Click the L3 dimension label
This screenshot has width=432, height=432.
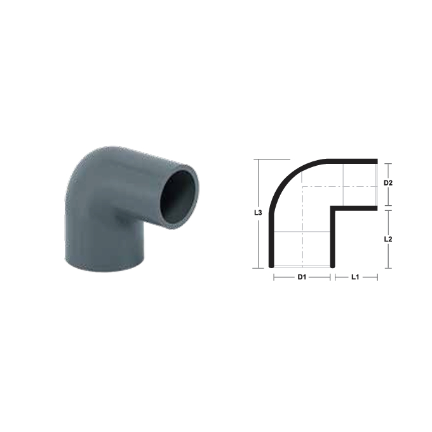pos(258,213)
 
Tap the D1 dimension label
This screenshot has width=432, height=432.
pos(302,277)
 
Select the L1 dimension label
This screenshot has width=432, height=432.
pos(355,277)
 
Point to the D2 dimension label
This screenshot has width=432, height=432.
pos(388,183)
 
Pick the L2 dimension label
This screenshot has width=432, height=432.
pos(388,239)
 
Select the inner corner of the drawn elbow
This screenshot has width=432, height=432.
pos(332,208)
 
